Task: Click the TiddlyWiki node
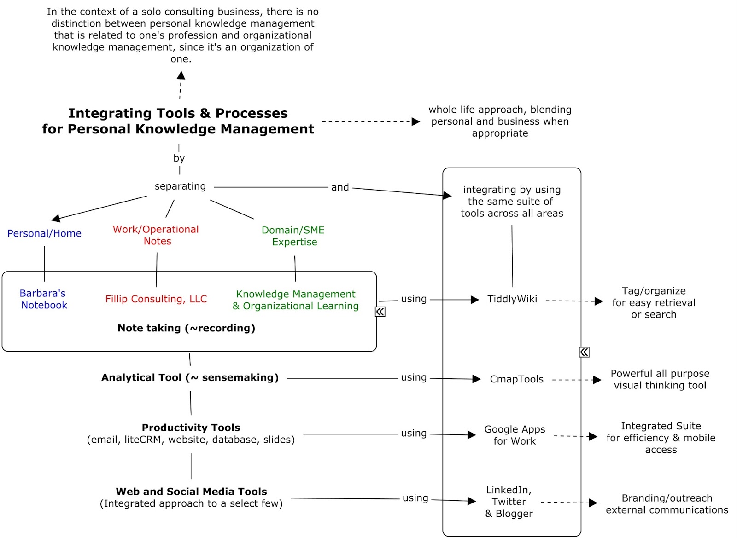(x=512, y=299)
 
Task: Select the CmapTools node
(x=516, y=379)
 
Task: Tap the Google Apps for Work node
(x=515, y=435)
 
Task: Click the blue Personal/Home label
(x=44, y=233)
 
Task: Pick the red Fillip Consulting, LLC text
(x=156, y=299)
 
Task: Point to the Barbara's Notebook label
(x=43, y=299)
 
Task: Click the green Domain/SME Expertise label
(x=293, y=236)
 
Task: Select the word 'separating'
(x=180, y=186)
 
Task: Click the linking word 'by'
(x=179, y=158)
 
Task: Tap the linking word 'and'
(x=340, y=187)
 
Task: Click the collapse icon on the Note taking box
(x=380, y=312)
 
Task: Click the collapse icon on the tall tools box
(x=584, y=352)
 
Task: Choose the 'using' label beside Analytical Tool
(x=414, y=377)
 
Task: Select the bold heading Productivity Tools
(x=191, y=428)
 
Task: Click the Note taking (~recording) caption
(x=186, y=328)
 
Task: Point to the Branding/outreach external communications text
(x=667, y=504)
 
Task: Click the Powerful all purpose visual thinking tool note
(x=660, y=379)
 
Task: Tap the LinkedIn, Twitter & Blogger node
(x=509, y=502)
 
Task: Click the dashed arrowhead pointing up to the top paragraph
(x=181, y=75)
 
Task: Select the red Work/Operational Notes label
(x=156, y=235)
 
